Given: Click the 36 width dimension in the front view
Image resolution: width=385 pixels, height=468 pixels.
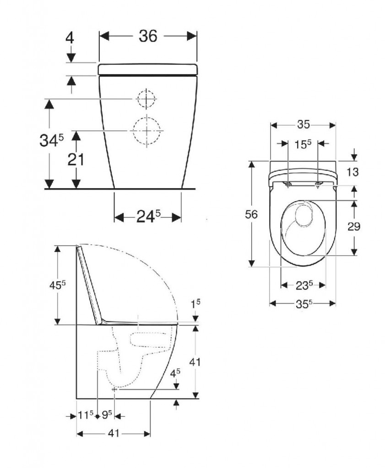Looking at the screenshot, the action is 148,37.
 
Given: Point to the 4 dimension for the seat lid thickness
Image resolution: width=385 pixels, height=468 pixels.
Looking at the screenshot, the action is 70,38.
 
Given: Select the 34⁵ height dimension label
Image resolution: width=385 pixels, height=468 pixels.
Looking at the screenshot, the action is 52,140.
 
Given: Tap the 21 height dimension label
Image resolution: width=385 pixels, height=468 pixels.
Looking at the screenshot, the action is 76,160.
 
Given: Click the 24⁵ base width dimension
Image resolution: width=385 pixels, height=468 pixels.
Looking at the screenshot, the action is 148,216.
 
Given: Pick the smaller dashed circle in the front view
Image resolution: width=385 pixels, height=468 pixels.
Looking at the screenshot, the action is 147,99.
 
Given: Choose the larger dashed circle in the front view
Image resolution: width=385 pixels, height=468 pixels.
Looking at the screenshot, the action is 147,131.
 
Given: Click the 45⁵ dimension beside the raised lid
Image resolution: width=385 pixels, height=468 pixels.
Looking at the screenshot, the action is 57,286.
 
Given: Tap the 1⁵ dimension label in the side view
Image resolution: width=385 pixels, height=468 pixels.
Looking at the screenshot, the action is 195,303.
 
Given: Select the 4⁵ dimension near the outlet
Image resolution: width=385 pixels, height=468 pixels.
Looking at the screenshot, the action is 175,373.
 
